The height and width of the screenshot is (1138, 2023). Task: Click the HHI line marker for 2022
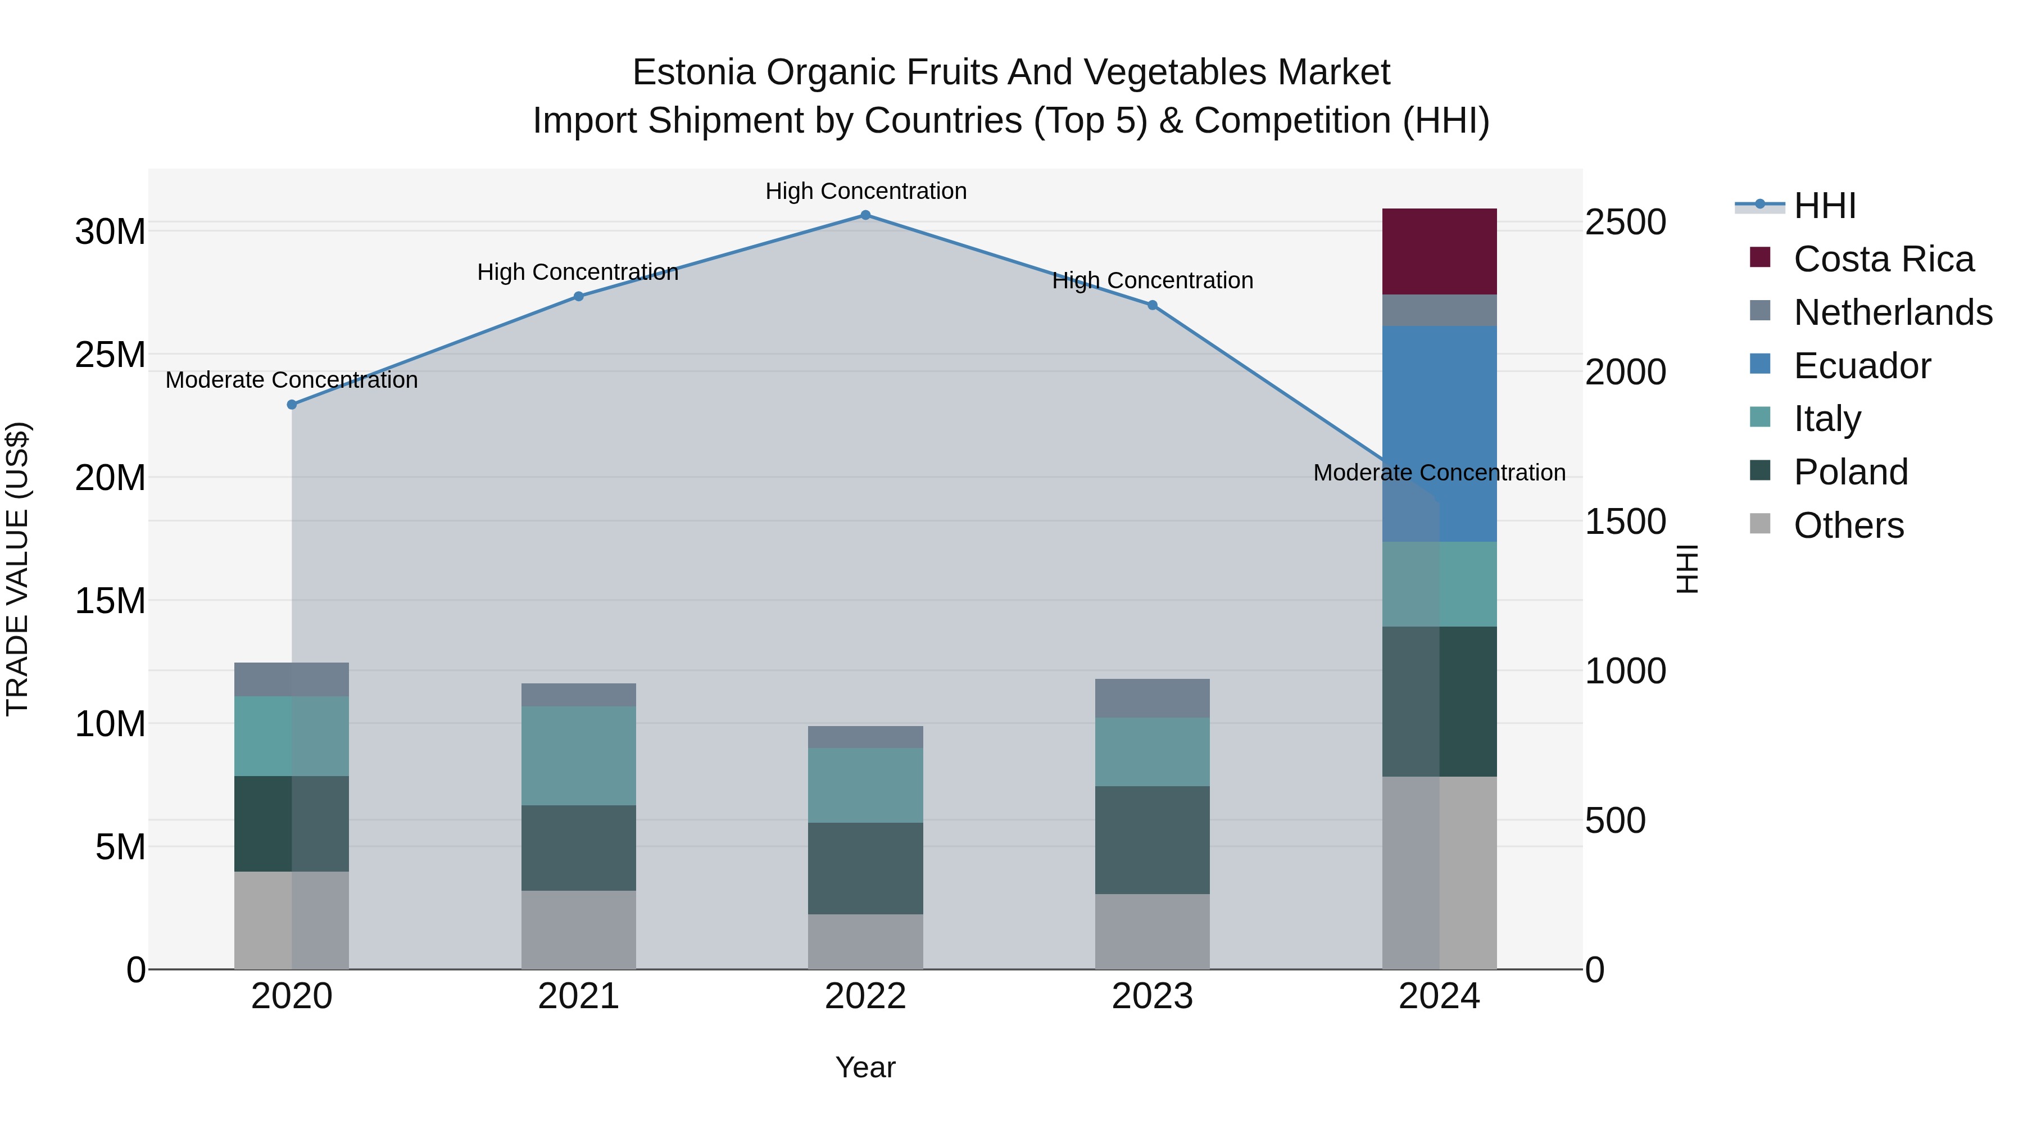pyautogui.click(x=865, y=215)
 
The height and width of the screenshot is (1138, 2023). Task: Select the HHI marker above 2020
pyautogui.click(x=291, y=405)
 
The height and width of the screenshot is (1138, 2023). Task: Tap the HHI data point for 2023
pyautogui.click(x=1152, y=306)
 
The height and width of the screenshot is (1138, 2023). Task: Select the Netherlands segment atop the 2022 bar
pyautogui.click(x=865, y=737)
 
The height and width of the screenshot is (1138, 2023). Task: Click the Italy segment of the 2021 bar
pyautogui.click(x=578, y=755)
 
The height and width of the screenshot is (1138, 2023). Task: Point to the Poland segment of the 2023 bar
pyautogui.click(x=1152, y=840)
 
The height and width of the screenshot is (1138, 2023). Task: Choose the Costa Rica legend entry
pyautogui.click(x=1883, y=259)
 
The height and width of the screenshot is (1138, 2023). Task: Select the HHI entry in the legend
pyautogui.click(x=1824, y=206)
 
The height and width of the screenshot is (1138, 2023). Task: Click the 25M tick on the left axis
pyautogui.click(x=110, y=355)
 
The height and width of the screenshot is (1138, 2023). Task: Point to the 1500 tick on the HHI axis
pyautogui.click(x=1625, y=522)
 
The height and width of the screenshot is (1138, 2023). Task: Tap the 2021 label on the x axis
pyautogui.click(x=578, y=996)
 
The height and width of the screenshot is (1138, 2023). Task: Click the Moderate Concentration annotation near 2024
pyautogui.click(x=1439, y=473)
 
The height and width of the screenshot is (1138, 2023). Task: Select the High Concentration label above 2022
pyautogui.click(x=865, y=191)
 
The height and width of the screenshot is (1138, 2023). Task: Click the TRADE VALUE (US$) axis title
pyautogui.click(x=17, y=569)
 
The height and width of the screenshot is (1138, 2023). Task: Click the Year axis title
pyautogui.click(x=865, y=1067)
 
